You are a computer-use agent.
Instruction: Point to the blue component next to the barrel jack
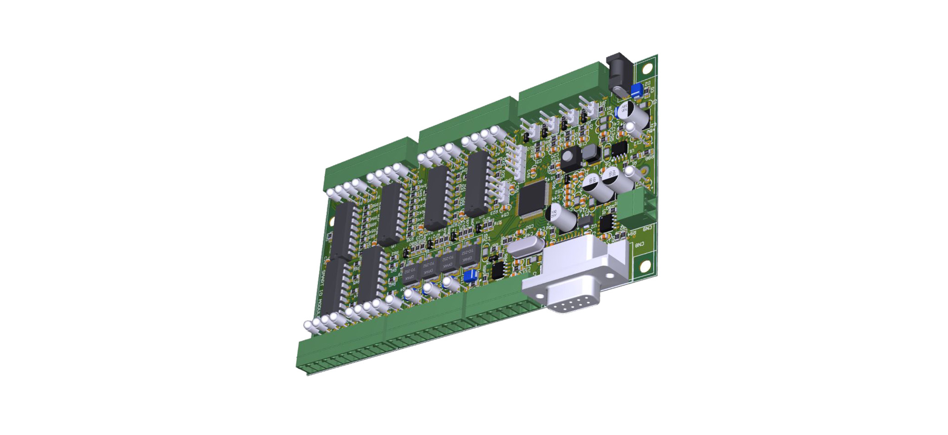(636, 90)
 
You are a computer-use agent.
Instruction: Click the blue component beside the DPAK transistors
(470, 276)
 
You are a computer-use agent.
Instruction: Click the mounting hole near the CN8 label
(645, 267)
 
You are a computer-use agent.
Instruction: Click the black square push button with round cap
(570, 157)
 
